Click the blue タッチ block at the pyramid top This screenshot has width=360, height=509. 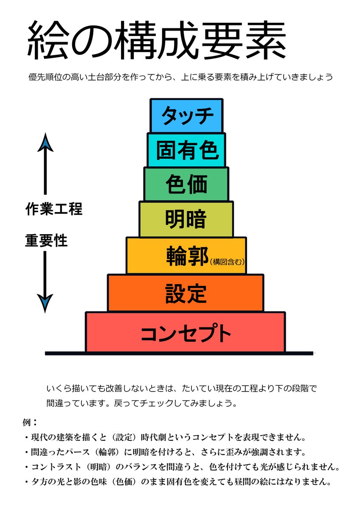coord(186,115)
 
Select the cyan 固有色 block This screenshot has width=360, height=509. coord(186,150)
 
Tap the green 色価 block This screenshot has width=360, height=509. coord(186,184)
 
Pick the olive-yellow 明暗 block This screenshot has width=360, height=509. coord(186,219)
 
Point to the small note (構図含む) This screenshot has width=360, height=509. coord(227,261)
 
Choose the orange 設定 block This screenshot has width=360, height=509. coord(186,293)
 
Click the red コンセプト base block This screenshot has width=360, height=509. coord(186,333)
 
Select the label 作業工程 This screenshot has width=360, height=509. coord(53,209)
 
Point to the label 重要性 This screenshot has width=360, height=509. coord(46,241)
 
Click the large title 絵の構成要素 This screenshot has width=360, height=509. coord(157,41)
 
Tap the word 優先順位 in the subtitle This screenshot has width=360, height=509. coord(42,78)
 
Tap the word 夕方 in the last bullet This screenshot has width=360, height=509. coord(39,482)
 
